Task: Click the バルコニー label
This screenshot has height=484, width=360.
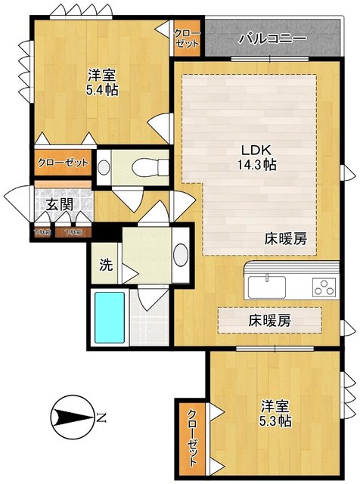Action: click(272, 38)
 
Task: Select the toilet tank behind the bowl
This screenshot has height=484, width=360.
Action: click(106, 165)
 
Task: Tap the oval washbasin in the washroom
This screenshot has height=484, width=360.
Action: click(182, 255)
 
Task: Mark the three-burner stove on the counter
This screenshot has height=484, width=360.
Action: click(325, 288)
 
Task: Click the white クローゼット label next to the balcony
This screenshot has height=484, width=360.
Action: click(187, 38)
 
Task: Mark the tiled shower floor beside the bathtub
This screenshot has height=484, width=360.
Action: click(154, 317)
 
